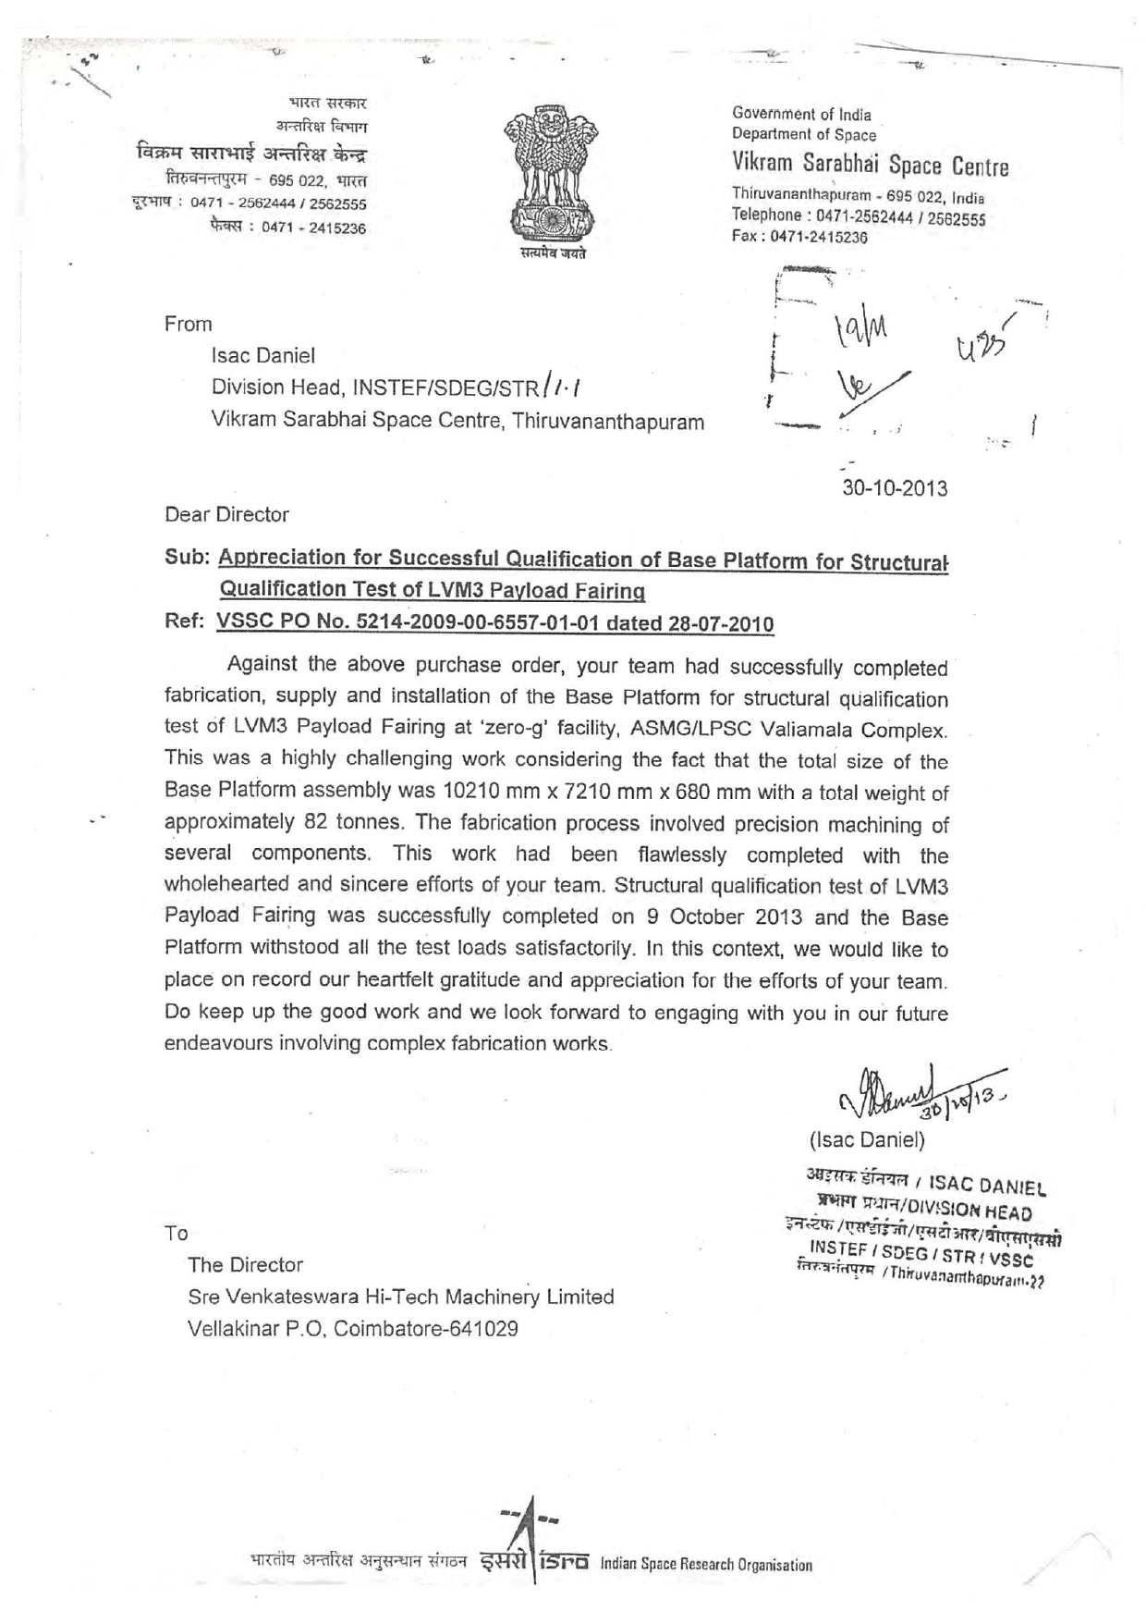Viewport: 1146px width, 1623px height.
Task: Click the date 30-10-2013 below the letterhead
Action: click(894, 488)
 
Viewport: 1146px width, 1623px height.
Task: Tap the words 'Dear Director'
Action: click(226, 514)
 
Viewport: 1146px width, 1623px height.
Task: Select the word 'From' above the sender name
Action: click(188, 324)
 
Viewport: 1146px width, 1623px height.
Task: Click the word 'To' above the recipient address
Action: click(176, 1233)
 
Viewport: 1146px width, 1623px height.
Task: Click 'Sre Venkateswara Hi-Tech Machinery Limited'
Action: click(400, 1297)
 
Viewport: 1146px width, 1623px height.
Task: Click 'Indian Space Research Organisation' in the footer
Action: click(705, 1565)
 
